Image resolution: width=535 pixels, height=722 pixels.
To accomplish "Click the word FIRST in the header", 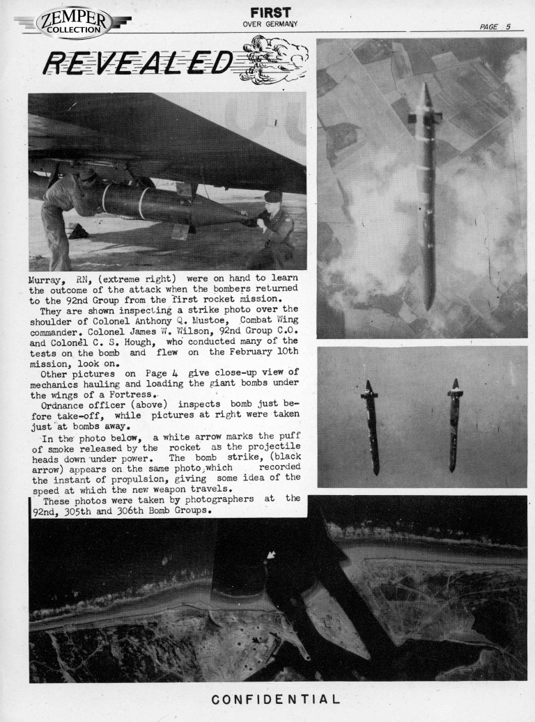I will tap(270, 12).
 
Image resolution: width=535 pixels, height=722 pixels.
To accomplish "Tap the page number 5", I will tap(508, 27).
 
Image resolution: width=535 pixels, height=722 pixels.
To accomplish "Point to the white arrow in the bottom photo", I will tap(271, 556).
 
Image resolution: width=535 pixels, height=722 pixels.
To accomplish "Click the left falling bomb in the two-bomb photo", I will tap(371, 426).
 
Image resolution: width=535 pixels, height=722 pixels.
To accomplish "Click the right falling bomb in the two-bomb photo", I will tap(454, 424).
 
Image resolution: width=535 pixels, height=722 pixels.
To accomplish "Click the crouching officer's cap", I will tap(272, 197).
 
